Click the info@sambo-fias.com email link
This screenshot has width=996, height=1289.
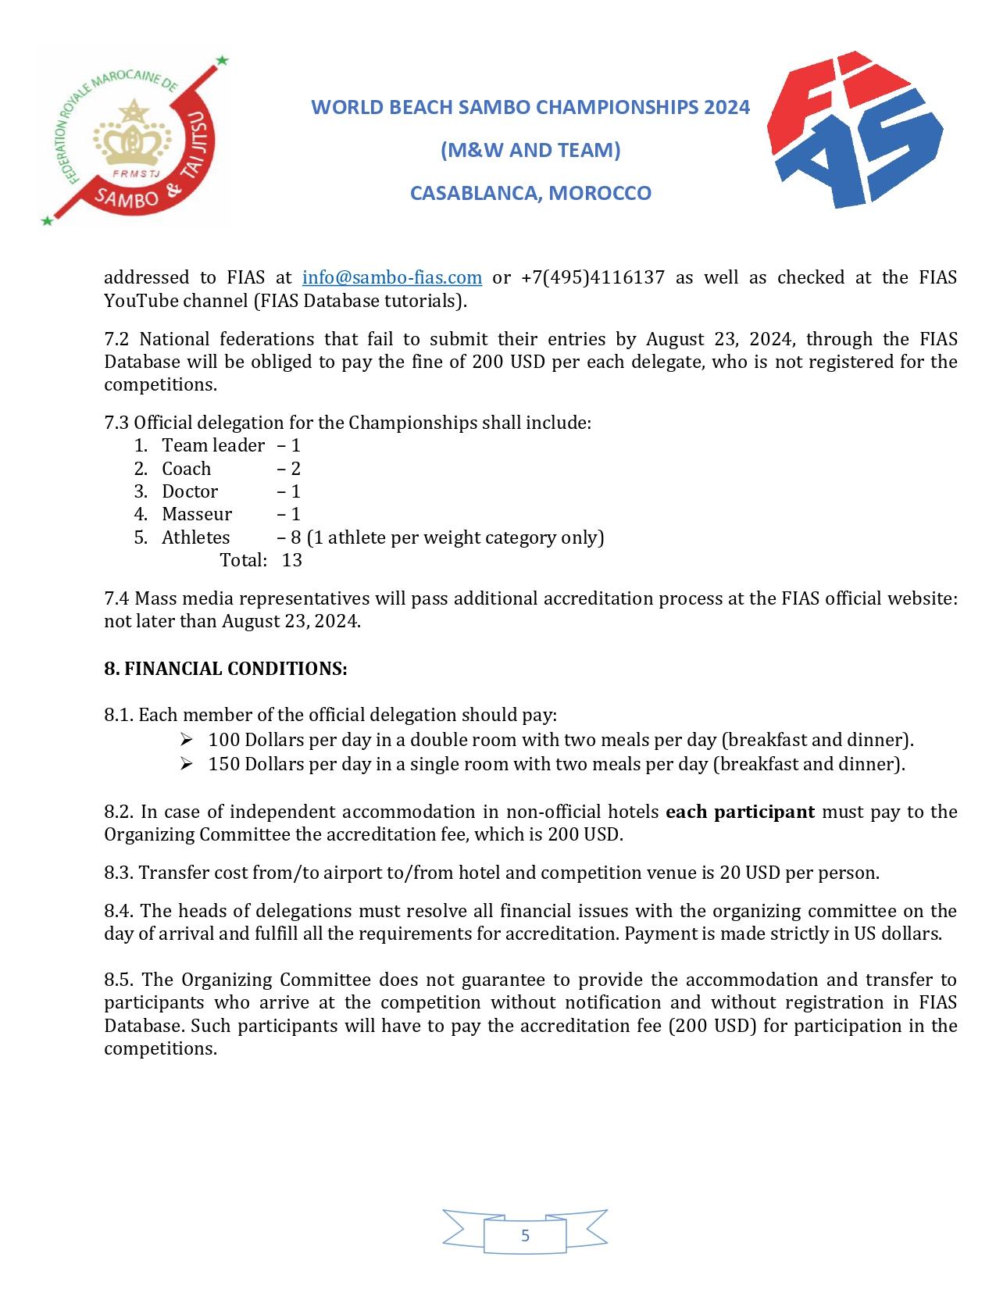pyautogui.click(x=391, y=277)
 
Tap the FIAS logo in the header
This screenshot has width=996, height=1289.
pyautogui.click(x=855, y=130)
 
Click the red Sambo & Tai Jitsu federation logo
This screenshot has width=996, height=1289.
pyautogui.click(x=134, y=141)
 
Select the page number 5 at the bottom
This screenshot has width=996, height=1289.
pyautogui.click(x=525, y=1235)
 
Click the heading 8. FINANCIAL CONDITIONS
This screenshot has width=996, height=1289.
pyautogui.click(x=226, y=669)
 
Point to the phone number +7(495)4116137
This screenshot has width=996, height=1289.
pyautogui.click(x=593, y=277)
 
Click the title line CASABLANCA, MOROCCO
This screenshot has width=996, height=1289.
pyautogui.click(x=530, y=193)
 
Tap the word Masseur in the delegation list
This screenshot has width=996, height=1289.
pyautogui.click(x=197, y=514)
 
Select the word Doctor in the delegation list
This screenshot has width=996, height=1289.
pyautogui.click(x=190, y=491)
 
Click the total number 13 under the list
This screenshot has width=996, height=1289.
pyautogui.click(x=291, y=560)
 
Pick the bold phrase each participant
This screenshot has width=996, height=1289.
pyautogui.click(x=740, y=812)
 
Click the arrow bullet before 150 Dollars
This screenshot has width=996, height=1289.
pyautogui.click(x=186, y=764)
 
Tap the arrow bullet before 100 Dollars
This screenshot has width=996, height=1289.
pyautogui.click(x=186, y=740)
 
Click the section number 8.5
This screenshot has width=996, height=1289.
pyautogui.click(x=120, y=980)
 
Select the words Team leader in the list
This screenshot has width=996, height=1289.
pyautogui.click(x=213, y=445)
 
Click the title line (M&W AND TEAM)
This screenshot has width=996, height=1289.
pyautogui.click(x=530, y=149)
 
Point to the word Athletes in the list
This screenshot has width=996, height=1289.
pyautogui.click(x=196, y=537)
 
